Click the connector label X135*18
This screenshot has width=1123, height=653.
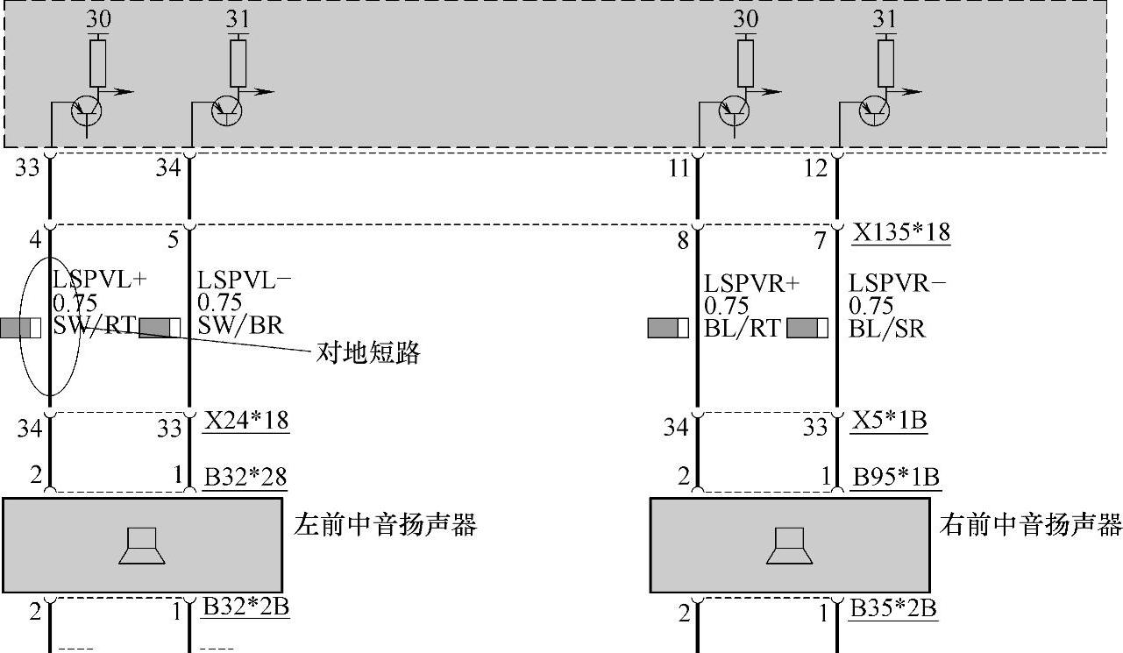coord(902,233)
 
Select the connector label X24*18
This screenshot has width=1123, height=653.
coord(246,421)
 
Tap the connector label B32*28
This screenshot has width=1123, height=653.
coord(245,477)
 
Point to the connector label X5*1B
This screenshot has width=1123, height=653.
coord(890,421)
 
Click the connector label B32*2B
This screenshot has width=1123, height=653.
coord(245,607)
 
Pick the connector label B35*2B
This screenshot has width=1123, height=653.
coord(893,607)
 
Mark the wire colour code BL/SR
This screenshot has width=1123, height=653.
coord(887,328)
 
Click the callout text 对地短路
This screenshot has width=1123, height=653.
coord(368,353)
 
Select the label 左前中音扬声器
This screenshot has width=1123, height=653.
coord(385,525)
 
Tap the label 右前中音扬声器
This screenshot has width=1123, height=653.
coord(1031,525)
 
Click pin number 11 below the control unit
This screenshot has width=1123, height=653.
coord(679,167)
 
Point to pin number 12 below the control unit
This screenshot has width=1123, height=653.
coord(815,167)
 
